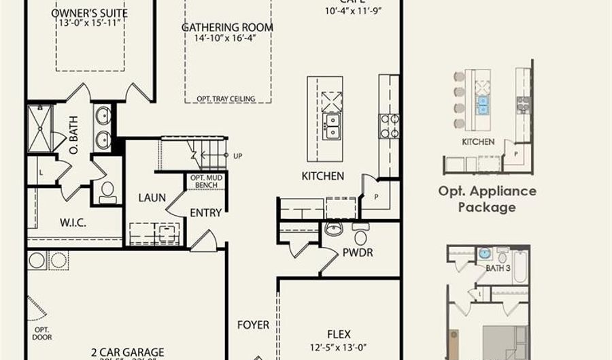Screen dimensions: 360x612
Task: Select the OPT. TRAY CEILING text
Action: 226,99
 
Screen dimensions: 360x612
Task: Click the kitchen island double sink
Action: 333,126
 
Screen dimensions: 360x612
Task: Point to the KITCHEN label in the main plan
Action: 322,176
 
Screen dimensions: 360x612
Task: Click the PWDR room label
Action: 358,252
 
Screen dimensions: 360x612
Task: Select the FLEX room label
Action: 339,334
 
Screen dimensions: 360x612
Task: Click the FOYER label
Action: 253,325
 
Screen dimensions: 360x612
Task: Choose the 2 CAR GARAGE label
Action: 127,353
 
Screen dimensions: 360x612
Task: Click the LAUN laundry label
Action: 152,197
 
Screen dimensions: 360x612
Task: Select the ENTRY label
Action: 205,213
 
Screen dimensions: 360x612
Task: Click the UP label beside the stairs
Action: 237,155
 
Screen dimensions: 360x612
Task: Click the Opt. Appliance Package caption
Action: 487,199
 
